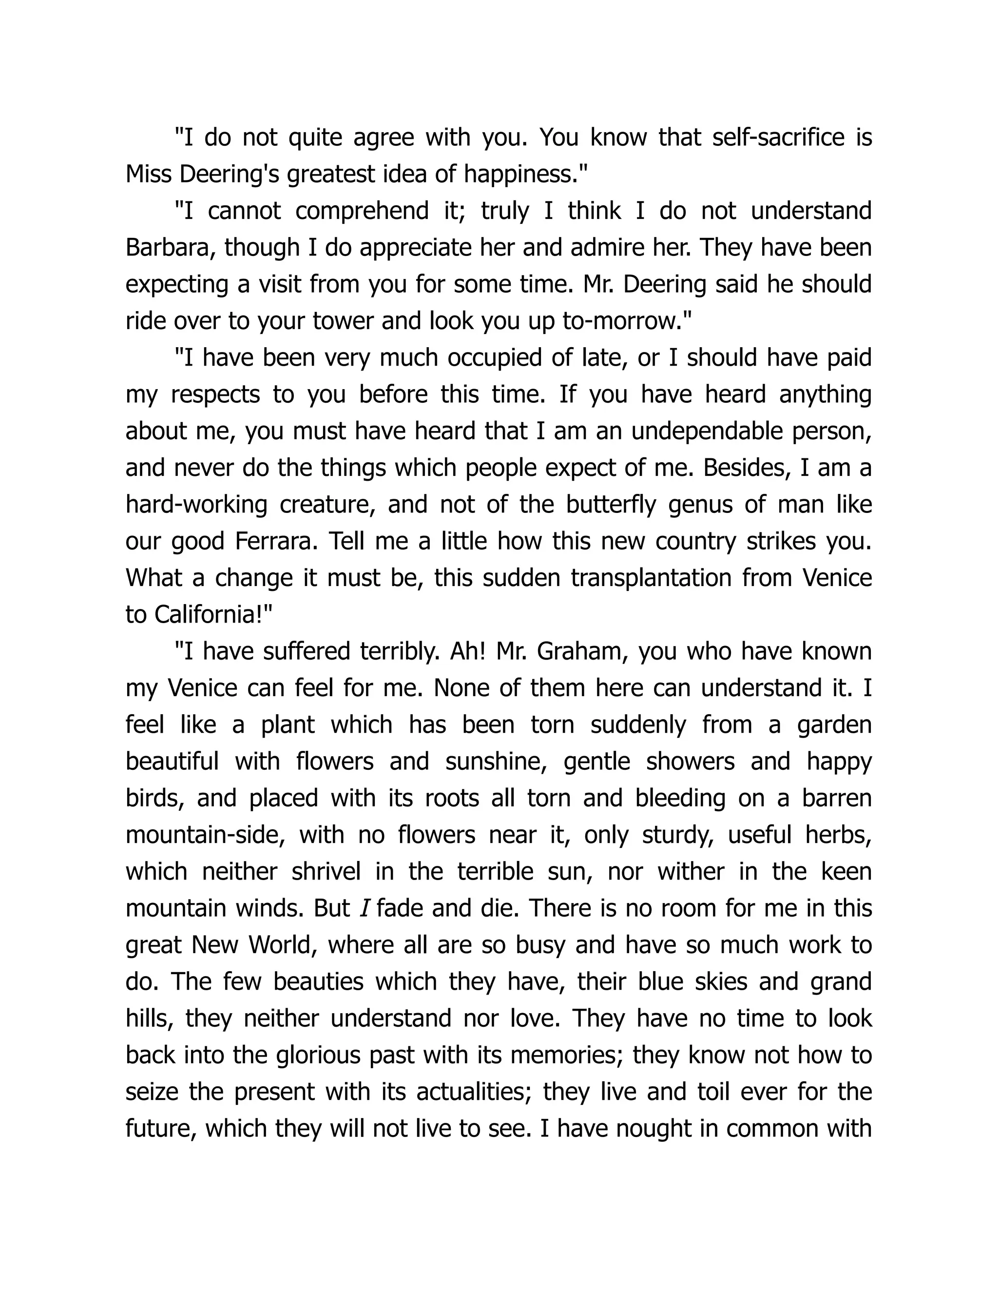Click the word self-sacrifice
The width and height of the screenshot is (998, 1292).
coord(779,137)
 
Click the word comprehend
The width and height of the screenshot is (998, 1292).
coord(362,211)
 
